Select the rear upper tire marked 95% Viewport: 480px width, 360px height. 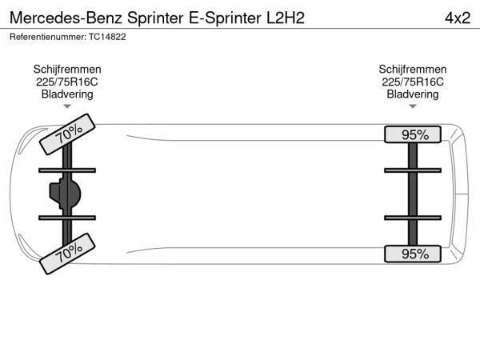pos(414,134)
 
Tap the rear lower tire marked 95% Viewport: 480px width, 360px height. pos(414,254)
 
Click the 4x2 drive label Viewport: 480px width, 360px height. pos(456,17)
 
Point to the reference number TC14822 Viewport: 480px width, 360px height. pos(107,37)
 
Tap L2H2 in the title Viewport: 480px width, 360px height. pos(285,17)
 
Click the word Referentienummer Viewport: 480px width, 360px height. pos(46,37)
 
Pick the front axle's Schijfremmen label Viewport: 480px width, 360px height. pos(67,70)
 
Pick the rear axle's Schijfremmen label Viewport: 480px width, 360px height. pos(413,70)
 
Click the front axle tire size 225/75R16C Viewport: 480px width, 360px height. pos(67,82)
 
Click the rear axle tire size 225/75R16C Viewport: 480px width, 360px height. pos(413,82)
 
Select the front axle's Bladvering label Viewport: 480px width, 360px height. pos(67,94)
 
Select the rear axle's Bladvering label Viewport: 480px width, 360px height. pos(413,94)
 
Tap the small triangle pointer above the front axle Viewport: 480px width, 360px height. pos(67,106)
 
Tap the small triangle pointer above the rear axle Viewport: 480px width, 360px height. pos(413,106)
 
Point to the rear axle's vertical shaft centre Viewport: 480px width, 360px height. pos(413,194)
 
